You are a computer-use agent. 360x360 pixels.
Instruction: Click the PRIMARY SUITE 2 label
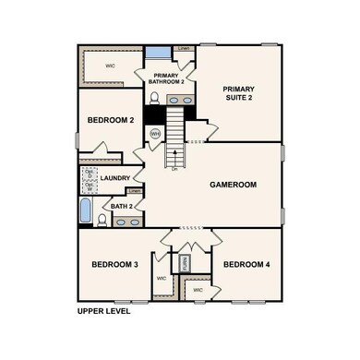(238, 94)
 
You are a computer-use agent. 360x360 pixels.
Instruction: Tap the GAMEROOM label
(233, 185)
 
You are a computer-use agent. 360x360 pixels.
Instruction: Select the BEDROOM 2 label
(111, 120)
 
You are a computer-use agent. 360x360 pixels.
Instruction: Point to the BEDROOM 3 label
(114, 265)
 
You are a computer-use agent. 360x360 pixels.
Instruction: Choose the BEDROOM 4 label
(246, 265)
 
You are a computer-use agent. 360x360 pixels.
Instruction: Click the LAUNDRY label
(115, 178)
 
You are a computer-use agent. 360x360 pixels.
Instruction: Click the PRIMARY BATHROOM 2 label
(167, 79)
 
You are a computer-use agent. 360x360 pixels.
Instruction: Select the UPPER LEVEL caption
(103, 311)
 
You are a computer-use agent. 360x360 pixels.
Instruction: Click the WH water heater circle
(155, 134)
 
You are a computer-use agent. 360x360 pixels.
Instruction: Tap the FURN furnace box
(184, 262)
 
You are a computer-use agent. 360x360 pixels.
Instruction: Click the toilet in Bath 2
(102, 220)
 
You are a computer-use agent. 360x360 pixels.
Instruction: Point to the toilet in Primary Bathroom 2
(154, 98)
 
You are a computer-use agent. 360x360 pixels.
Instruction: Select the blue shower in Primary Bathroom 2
(158, 53)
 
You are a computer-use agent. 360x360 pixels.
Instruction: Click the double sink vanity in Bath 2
(127, 222)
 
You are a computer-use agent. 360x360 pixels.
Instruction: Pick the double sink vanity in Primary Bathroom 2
(181, 99)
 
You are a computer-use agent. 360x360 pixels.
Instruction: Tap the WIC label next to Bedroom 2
(110, 66)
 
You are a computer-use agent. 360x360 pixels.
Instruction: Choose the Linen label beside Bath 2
(134, 191)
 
